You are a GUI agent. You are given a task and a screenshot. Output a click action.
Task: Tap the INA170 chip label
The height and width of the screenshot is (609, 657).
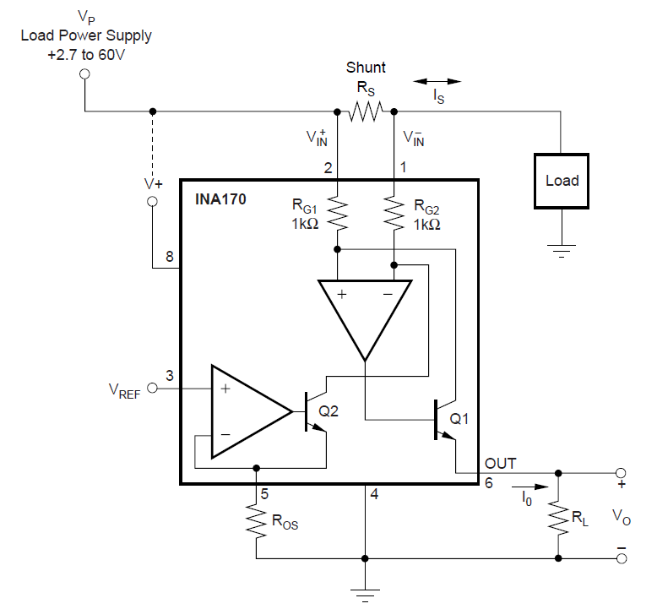[x=220, y=199]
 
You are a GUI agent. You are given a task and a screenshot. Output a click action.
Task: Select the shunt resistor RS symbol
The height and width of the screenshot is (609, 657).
[x=366, y=111]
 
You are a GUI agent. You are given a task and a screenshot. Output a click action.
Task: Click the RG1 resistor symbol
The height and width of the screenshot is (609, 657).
[x=337, y=214]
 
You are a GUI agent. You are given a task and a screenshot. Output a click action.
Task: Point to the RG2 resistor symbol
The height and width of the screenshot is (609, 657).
[x=394, y=214]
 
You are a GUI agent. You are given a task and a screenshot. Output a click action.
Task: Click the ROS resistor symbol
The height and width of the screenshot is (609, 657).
[x=256, y=519]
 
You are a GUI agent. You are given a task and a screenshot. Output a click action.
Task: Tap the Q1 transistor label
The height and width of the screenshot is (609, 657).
[x=459, y=418]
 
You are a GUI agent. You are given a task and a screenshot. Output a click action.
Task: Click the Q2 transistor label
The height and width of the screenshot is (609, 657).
[x=328, y=411]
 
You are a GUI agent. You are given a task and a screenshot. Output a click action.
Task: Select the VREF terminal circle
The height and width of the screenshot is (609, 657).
[x=153, y=388]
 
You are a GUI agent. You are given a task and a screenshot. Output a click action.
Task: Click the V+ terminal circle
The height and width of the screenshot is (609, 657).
[x=153, y=202]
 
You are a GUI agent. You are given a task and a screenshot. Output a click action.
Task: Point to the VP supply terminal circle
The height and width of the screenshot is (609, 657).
[x=84, y=74]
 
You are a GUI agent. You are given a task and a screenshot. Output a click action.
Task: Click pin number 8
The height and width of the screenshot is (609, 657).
[x=169, y=257]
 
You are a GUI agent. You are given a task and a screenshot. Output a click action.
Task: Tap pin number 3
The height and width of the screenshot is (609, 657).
[x=169, y=376]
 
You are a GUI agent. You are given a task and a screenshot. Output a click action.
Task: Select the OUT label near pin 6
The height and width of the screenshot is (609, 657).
[x=500, y=464]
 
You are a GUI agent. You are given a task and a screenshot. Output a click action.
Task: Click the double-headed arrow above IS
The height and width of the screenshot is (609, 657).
[x=437, y=81]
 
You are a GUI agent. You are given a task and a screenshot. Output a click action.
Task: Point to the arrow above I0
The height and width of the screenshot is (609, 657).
[x=530, y=487]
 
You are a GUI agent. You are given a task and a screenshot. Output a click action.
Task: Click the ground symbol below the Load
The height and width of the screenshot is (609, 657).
[x=562, y=251]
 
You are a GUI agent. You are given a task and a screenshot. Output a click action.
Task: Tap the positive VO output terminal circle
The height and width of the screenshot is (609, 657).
[x=621, y=473]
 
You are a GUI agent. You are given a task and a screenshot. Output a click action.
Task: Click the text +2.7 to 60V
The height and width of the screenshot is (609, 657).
[x=86, y=55]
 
